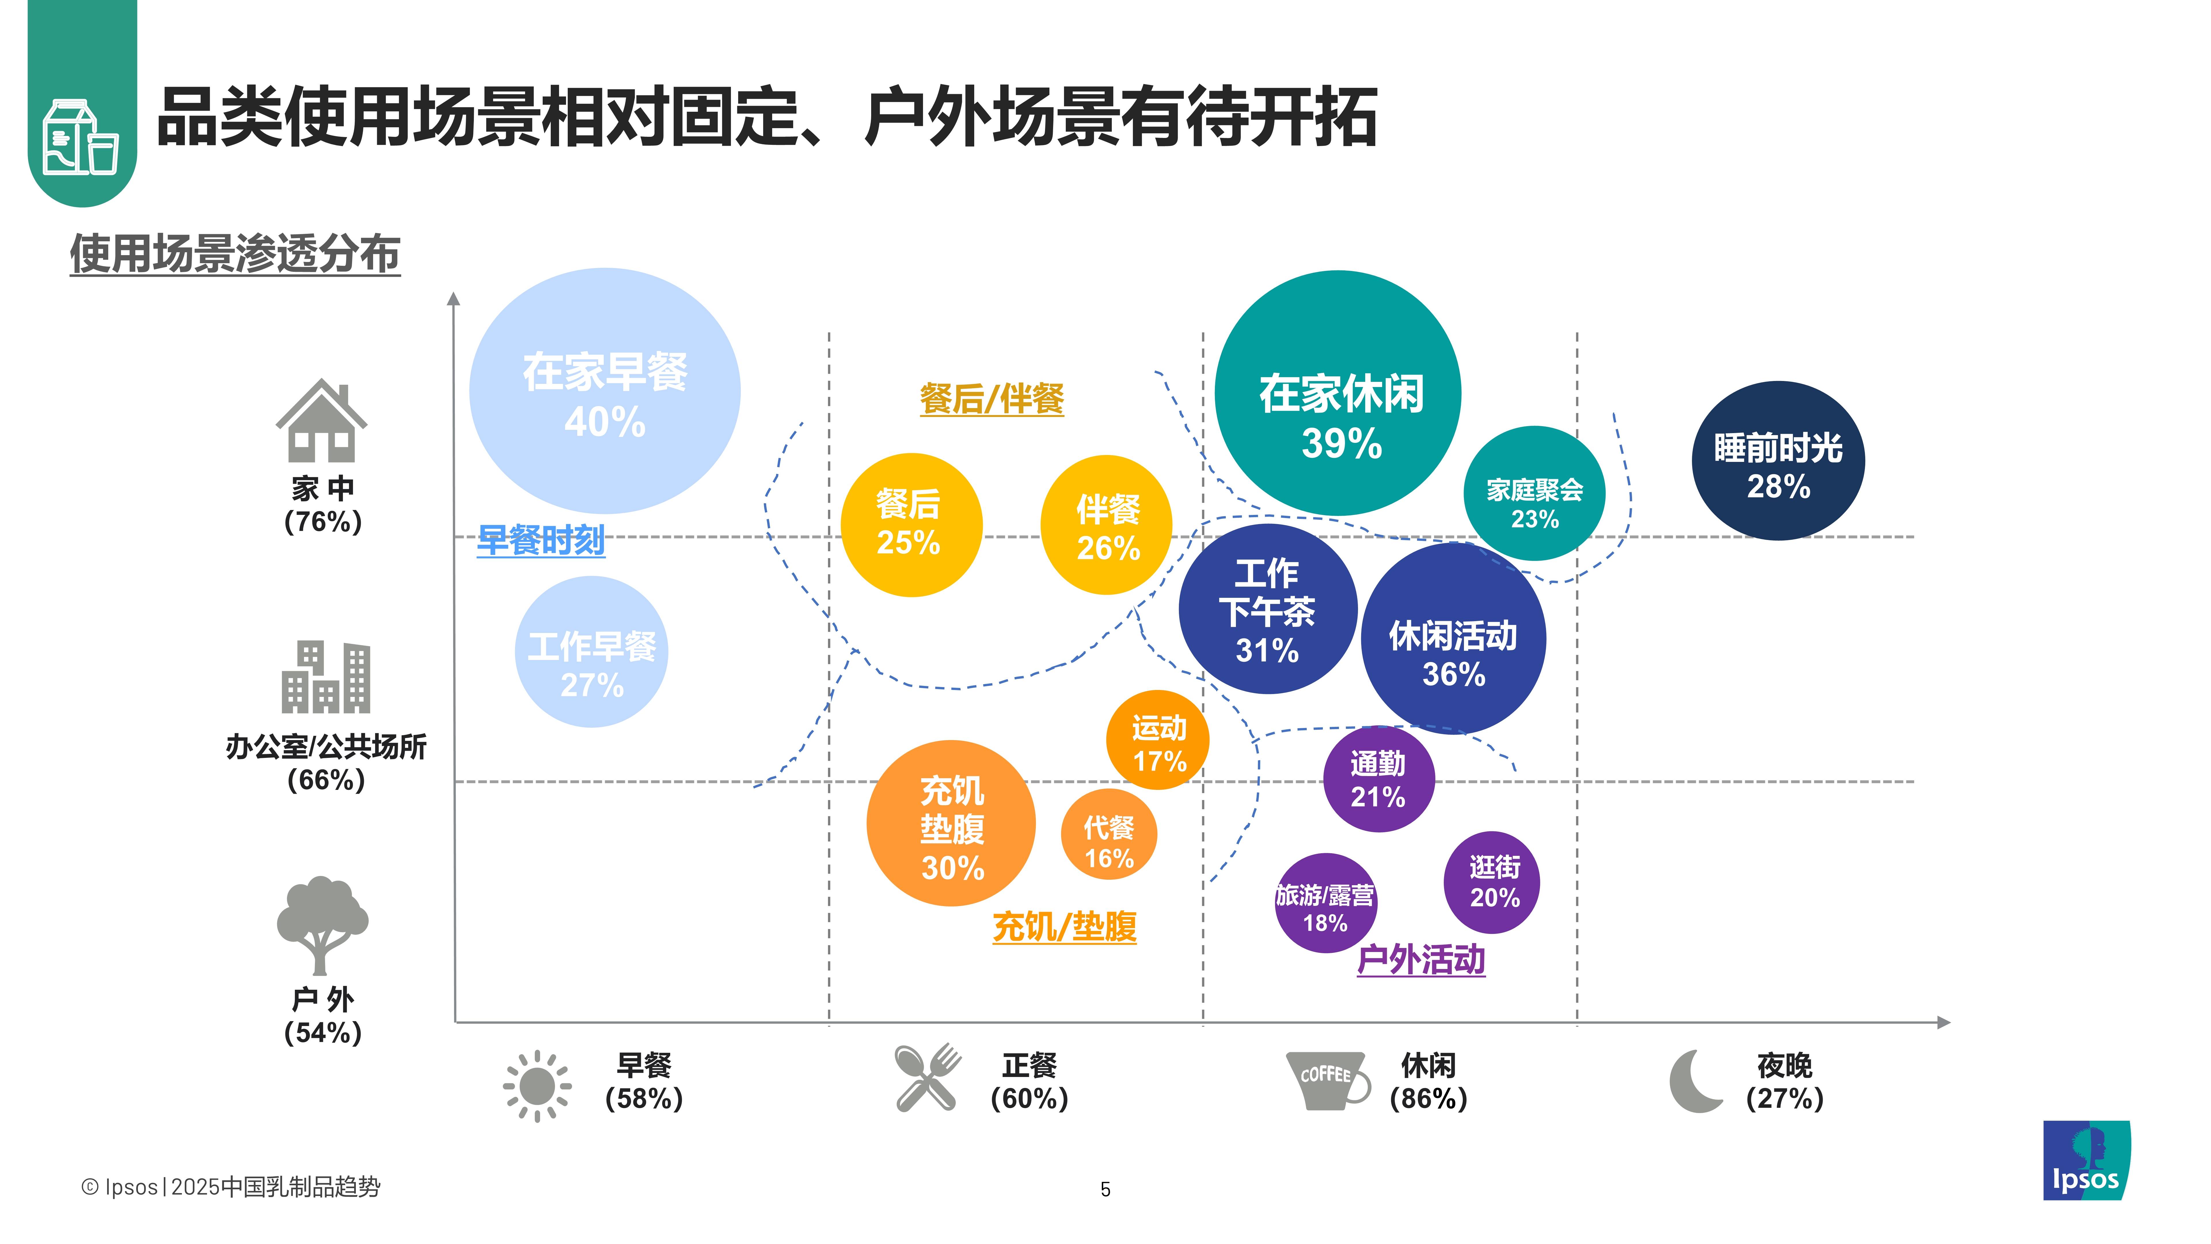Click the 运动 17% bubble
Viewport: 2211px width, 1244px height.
tap(1158, 740)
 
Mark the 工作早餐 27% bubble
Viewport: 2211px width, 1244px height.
tap(591, 653)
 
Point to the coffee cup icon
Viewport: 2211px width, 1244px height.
tap(1326, 1080)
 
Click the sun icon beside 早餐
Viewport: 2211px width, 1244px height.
tap(537, 1085)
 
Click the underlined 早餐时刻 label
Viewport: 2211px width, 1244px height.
tap(541, 540)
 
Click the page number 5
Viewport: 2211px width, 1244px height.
tap(1105, 1189)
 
